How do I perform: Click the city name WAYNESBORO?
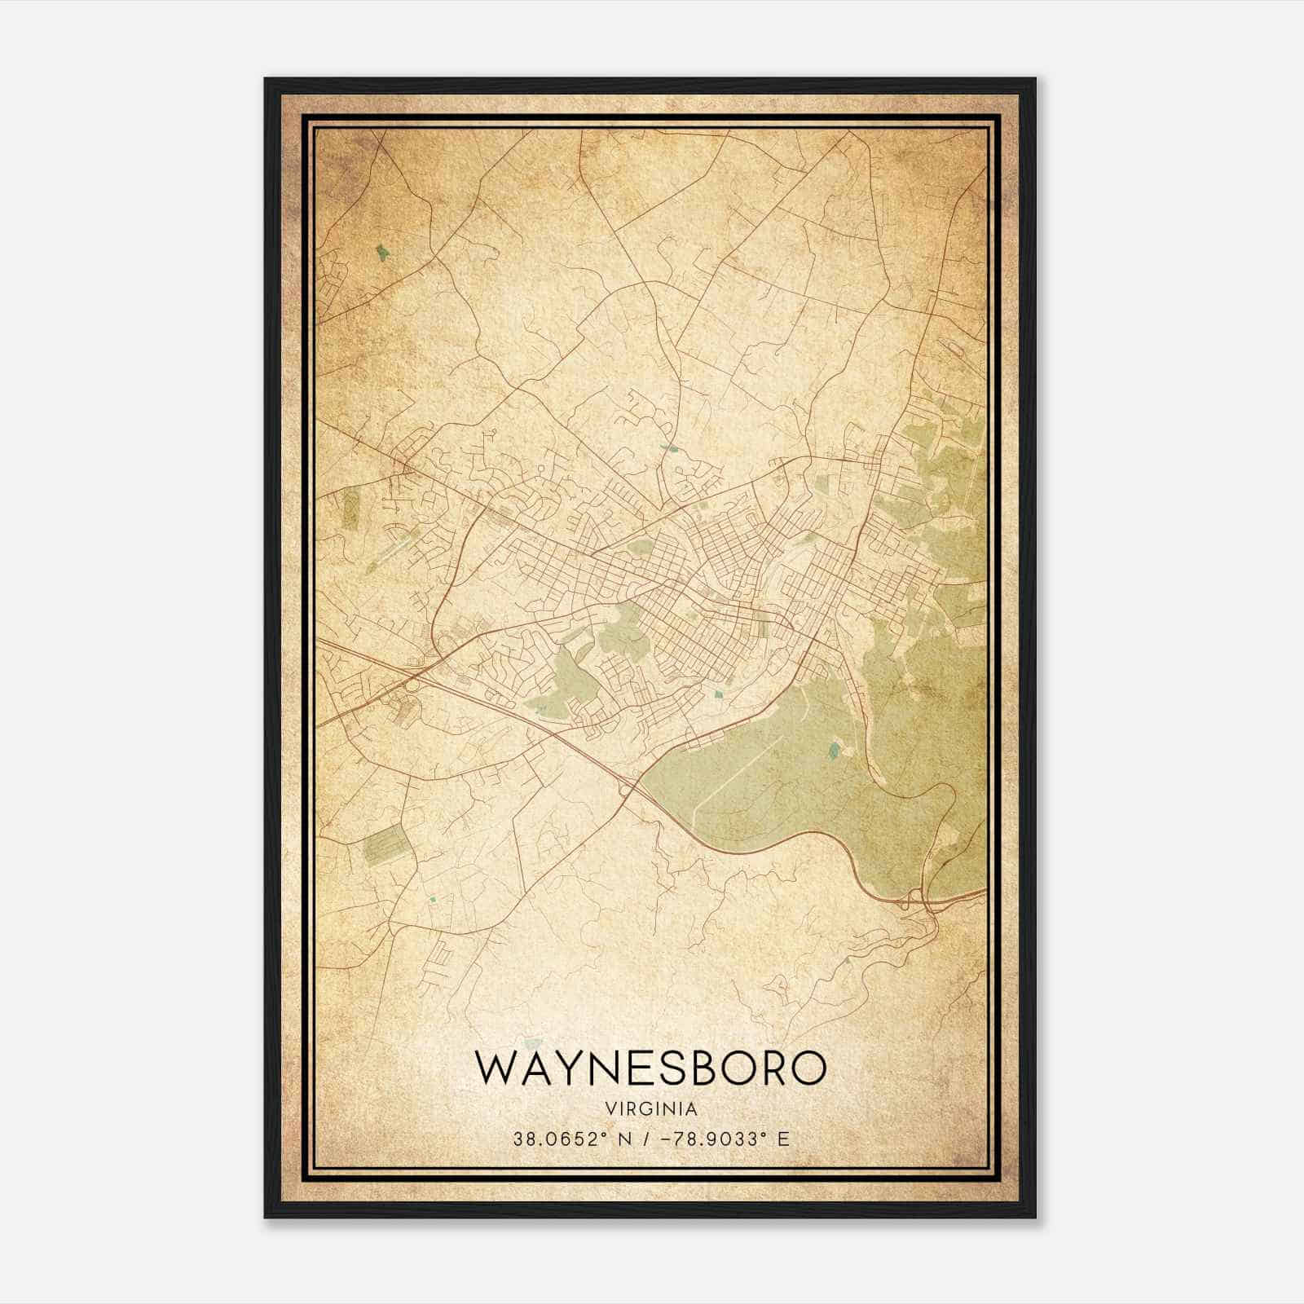(651, 1068)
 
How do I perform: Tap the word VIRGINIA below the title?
(651, 1109)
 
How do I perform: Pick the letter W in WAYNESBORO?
(499, 1068)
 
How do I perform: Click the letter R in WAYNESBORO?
(769, 1068)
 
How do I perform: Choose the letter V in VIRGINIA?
(610, 1109)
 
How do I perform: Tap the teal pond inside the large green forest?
(833, 750)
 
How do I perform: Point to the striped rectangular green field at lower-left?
(385, 844)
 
